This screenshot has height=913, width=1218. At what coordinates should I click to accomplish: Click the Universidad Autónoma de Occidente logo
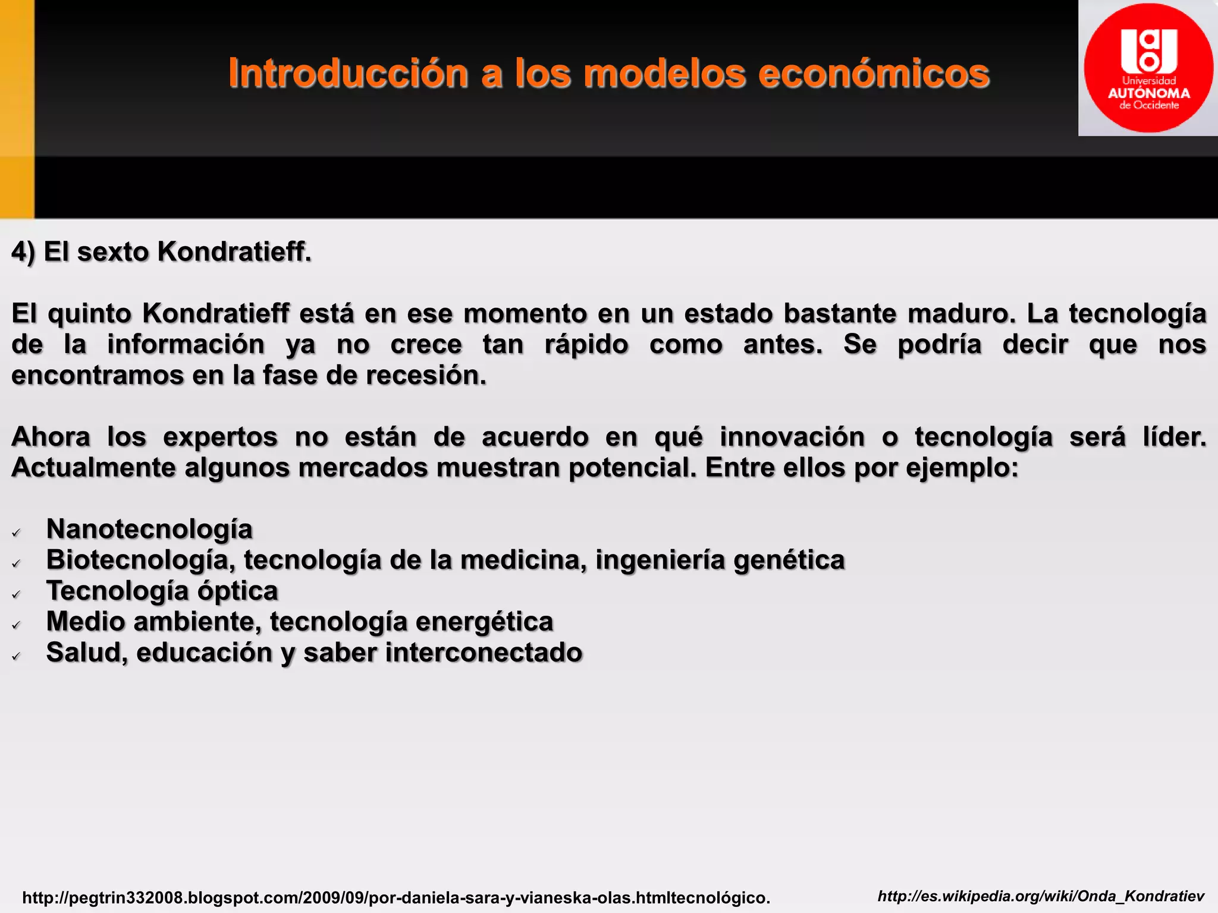(x=1148, y=68)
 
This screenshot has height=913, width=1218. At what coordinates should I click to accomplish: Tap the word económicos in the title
(x=874, y=73)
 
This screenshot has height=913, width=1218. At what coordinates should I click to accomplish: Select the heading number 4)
(x=23, y=252)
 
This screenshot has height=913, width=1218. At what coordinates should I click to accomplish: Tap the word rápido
(x=586, y=345)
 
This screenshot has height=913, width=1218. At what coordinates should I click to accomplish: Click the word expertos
(x=220, y=437)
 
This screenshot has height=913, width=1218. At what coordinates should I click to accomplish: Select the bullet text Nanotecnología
(x=149, y=529)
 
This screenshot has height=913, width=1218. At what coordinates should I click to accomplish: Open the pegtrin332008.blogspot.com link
(x=396, y=898)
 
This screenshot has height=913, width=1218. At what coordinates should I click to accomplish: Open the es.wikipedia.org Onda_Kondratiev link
(x=1041, y=896)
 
